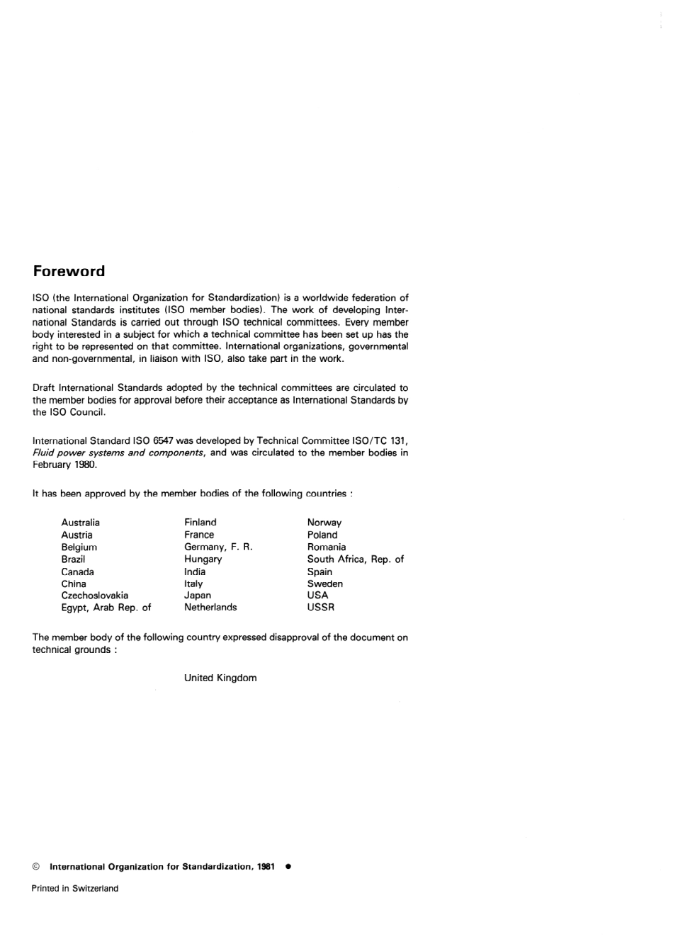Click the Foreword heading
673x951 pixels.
click(69, 271)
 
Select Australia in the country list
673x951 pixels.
click(80, 523)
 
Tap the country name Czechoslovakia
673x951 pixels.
click(94, 596)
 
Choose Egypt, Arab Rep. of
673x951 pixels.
click(106, 608)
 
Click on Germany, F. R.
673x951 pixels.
click(218, 547)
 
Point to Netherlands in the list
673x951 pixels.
click(210, 608)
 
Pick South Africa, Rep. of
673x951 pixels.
click(355, 559)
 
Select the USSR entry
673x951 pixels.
click(320, 608)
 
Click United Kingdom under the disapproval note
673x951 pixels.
click(220, 678)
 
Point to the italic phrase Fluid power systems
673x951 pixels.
click(78, 453)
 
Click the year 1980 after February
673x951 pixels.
click(85, 465)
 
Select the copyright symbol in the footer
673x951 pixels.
click(35, 867)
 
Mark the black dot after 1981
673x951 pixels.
click(288, 866)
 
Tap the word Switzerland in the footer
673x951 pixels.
click(95, 889)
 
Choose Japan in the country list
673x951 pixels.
click(198, 596)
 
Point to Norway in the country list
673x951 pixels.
click(324, 523)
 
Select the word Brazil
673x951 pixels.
click(73, 559)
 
